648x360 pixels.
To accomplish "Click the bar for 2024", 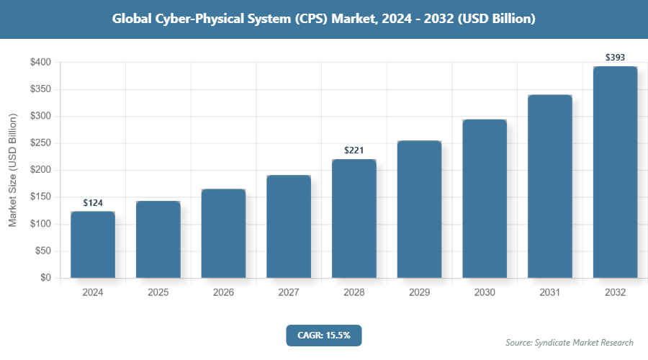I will point(93,245).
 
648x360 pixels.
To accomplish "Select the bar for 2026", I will point(223,234).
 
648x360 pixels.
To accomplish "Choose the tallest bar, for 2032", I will point(615,172).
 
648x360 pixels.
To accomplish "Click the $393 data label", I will point(615,56).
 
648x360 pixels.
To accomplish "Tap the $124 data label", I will point(93,203).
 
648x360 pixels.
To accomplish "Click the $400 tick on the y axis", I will point(40,63).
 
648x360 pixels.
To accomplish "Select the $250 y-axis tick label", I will point(40,143).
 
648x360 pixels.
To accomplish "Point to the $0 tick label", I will point(45,278).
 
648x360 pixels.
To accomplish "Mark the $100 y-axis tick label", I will point(40,224).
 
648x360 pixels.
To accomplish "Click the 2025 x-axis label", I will point(158,293).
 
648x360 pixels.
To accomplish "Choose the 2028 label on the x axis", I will point(354,293).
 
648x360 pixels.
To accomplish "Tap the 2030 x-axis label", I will point(485,293).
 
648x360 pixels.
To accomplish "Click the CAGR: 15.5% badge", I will point(323,335).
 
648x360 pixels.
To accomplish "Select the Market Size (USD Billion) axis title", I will point(12,170).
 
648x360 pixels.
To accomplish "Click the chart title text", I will point(323,19).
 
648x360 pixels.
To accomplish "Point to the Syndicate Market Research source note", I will point(569,342).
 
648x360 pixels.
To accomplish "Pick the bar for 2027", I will point(289,226).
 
